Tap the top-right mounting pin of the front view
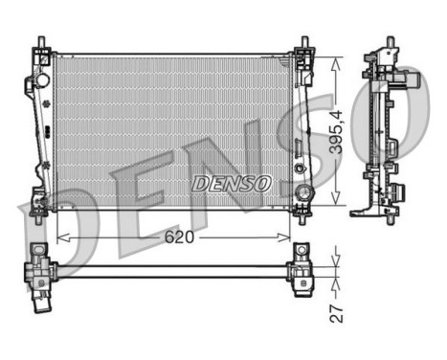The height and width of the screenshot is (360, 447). (304, 44)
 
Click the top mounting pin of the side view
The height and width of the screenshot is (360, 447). (390, 43)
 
